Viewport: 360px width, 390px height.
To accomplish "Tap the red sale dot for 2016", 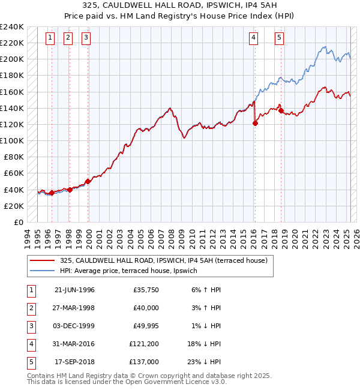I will click(x=255, y=124).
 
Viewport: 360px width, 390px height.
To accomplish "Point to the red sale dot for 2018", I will click(x=281, y=110).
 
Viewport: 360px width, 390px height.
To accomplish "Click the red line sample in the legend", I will click(x=43, y=260).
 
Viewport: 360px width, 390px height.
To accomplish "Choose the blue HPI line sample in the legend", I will click(x=43, y=271).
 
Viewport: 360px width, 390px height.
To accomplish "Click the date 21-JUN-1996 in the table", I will click(x=74, y=290).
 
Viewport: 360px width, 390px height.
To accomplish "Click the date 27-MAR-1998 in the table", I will click(x=74, y=308).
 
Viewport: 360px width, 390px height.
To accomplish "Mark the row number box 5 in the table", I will click(x=31, y=362).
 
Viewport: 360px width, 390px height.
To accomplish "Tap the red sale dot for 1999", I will click(x=88, y=181).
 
